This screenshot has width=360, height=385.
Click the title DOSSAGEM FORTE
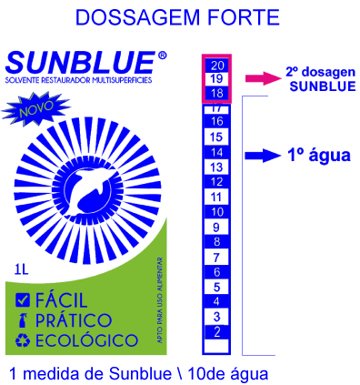177,18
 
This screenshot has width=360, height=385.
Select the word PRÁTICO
74,321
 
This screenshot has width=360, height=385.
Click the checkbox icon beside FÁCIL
23,299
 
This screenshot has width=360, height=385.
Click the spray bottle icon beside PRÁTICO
23,321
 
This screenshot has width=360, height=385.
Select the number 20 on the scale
217,66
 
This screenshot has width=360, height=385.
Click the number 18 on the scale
217,94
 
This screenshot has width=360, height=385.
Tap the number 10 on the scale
217,211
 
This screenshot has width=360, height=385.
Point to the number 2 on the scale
217,331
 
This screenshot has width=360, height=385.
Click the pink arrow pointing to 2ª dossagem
265,78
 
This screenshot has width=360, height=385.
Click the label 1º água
318,156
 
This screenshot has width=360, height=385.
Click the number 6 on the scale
217,271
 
